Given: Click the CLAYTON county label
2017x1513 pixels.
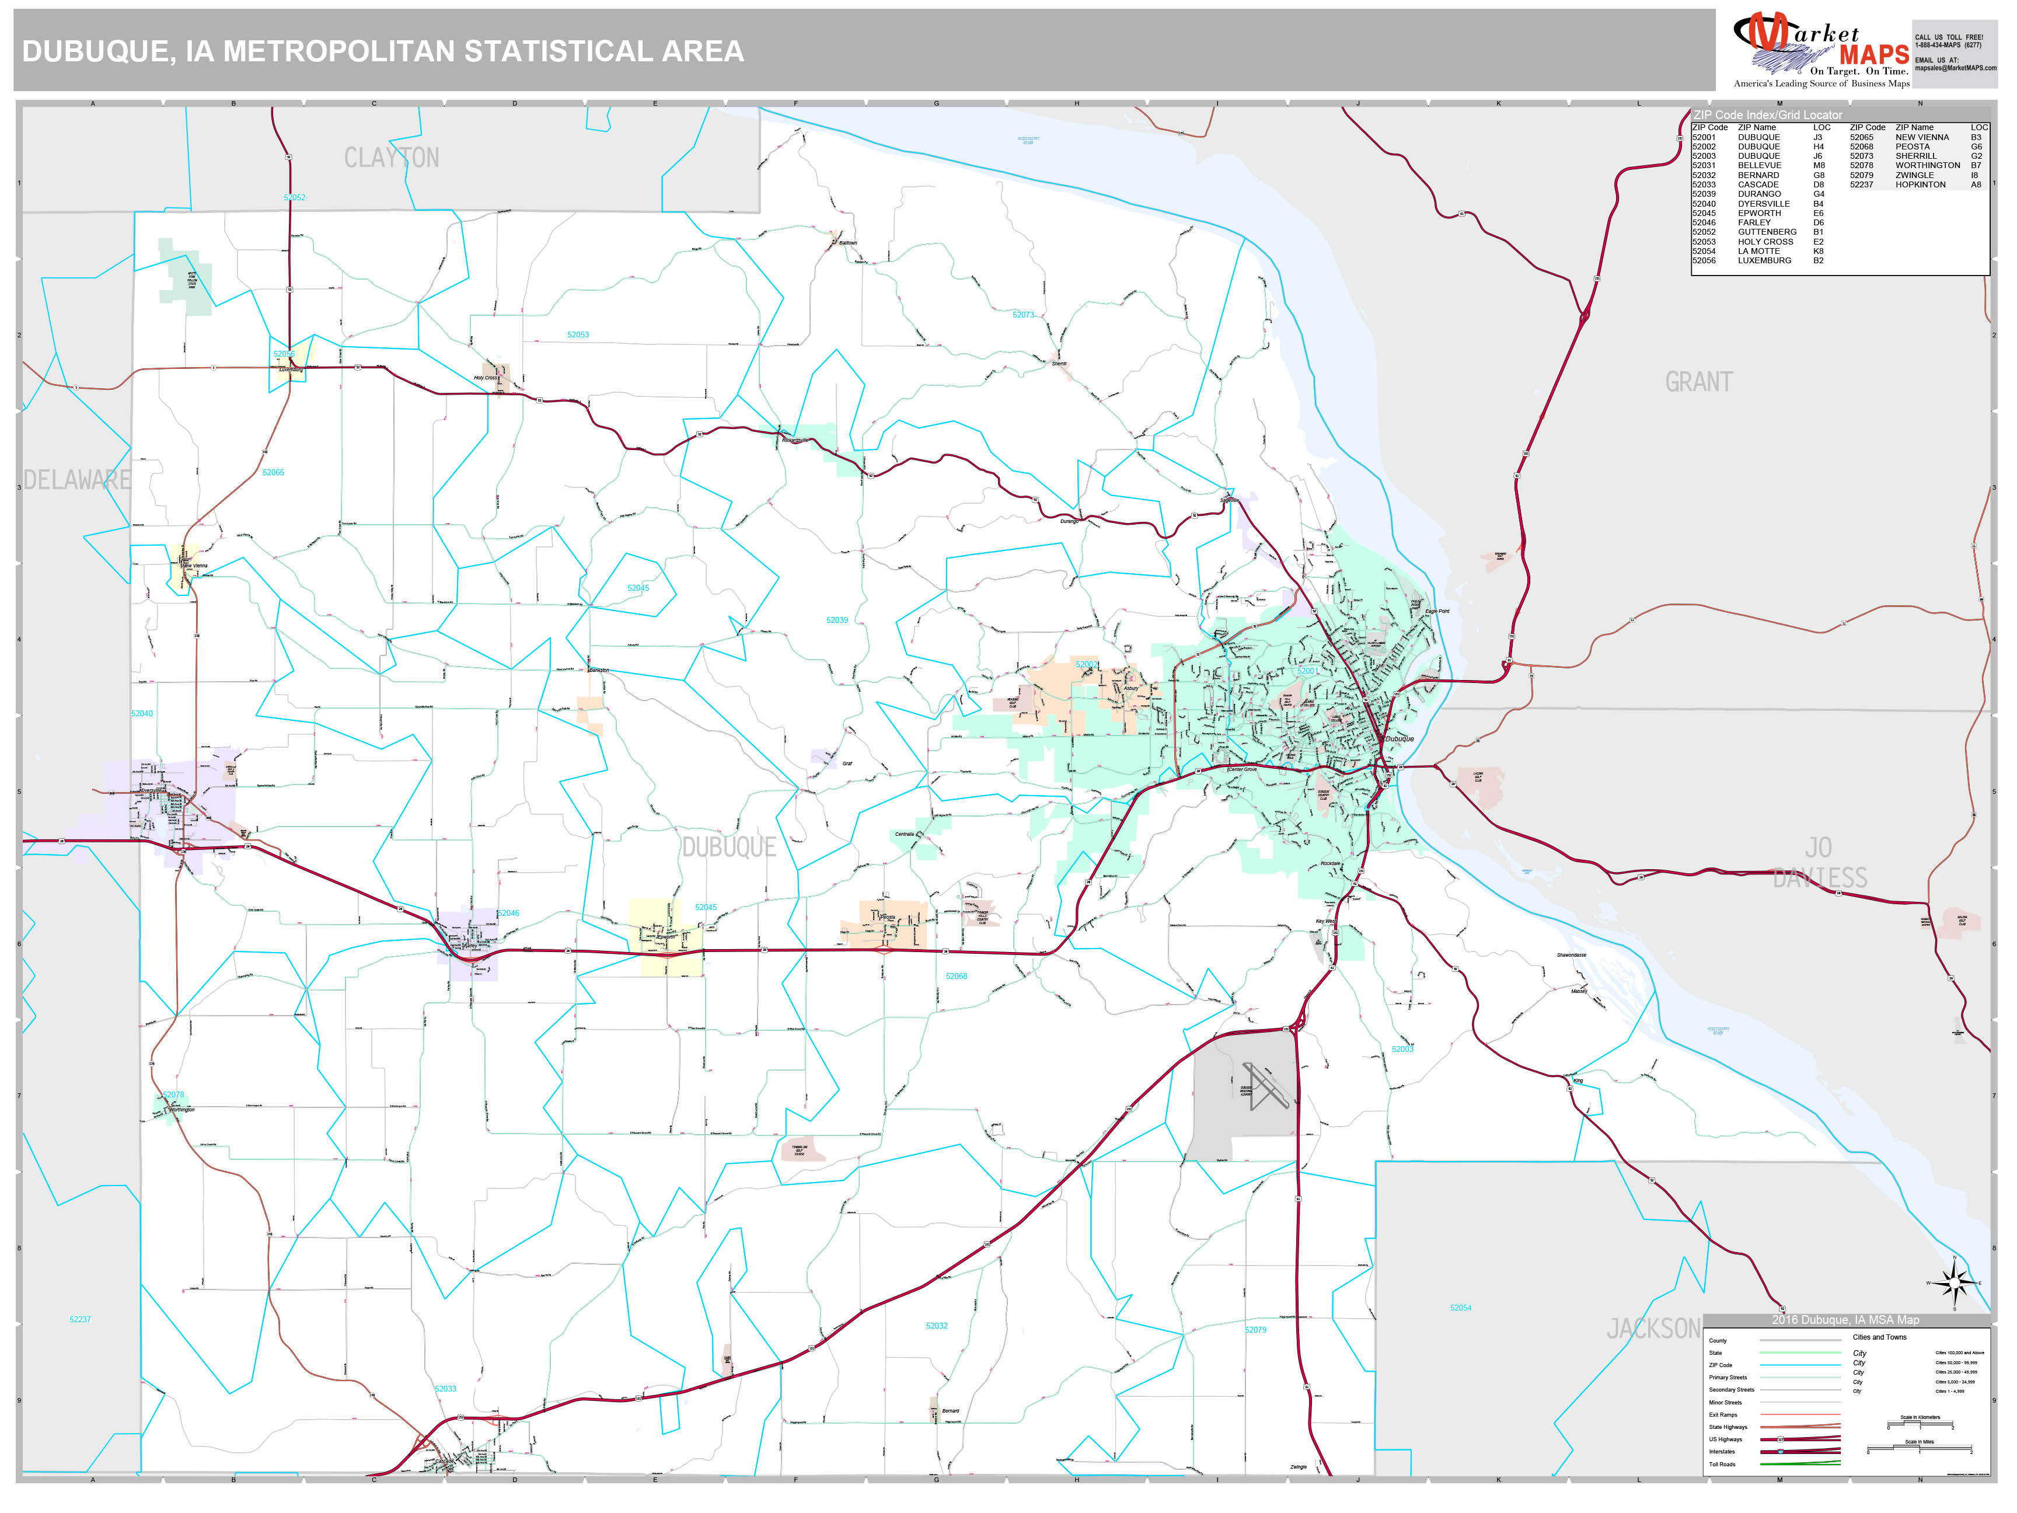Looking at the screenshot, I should pos(391,158).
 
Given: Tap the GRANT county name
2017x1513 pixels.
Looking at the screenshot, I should pos(1698,382).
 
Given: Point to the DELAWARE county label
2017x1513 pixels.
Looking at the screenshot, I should pos(76,480).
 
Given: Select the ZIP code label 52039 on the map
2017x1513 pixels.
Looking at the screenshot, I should pos(837,620).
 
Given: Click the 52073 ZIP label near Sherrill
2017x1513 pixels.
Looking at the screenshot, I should pos(1023,315).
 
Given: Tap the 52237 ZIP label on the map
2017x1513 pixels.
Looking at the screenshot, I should pos(80,1320).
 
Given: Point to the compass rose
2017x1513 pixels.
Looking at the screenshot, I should pos(1954,1283).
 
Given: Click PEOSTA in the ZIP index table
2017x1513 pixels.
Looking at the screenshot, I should pos(1912,147).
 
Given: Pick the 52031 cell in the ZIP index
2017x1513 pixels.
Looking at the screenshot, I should pos(1704,166).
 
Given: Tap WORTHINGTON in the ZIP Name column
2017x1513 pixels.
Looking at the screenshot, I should pos(1927,166).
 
